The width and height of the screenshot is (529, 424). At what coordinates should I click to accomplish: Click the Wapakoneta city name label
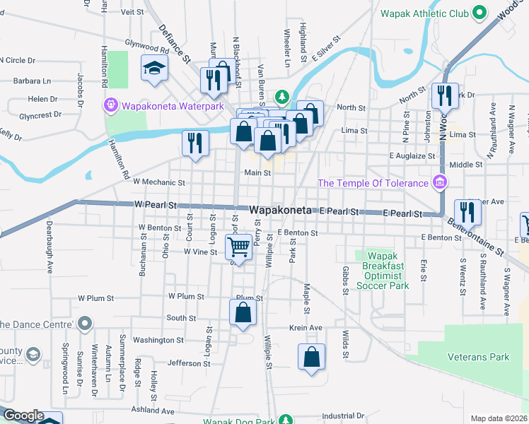[x=282, y=211]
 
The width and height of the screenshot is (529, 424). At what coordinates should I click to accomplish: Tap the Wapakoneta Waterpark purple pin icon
[x=111, y=107]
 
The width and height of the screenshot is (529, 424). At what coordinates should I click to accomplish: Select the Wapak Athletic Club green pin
[x=479, y=13]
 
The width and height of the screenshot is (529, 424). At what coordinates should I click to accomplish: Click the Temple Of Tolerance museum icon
[x=439, y=183]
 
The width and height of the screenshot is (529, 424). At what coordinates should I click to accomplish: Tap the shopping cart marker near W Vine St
[x=239, y=247]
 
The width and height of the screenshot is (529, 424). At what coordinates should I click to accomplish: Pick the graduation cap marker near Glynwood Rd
[x=152, y=67]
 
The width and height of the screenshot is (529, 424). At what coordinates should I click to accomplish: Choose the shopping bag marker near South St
[x=243, y=314]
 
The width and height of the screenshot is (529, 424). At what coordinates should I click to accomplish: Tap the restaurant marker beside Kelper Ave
[x=467, y=211]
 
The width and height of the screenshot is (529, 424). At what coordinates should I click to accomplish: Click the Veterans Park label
[x=478, y=357]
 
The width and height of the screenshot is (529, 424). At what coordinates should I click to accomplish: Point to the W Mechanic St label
[x=158, y=182]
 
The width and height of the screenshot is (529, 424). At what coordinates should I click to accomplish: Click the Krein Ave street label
[x=306, y=328]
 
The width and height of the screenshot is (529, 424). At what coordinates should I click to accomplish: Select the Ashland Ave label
[x=153, y=411]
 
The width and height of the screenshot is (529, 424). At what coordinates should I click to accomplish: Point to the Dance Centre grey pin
[x=85, y=324]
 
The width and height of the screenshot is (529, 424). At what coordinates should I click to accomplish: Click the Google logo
[x=23, y=416]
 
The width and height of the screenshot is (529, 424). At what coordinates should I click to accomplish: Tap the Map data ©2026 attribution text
[x=498, y=418]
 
